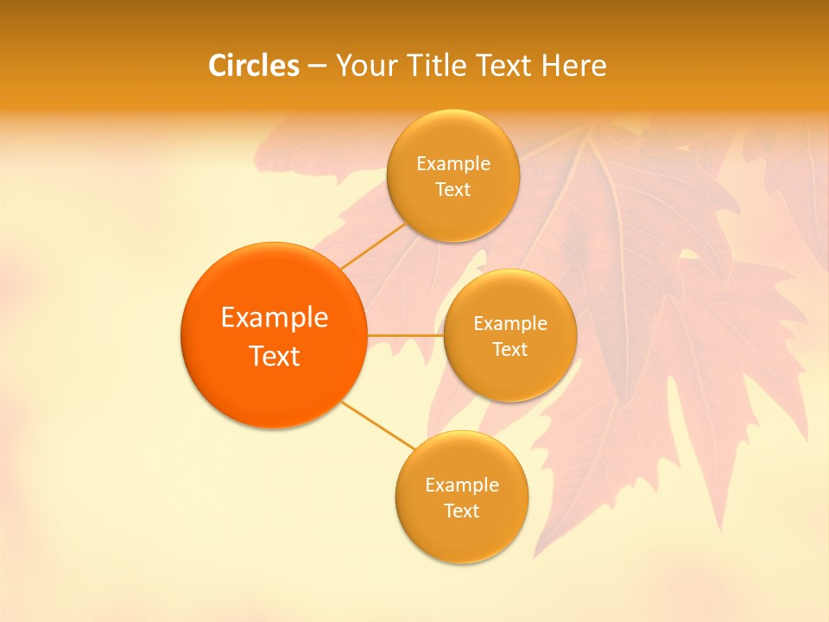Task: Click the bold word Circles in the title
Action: [x=253, y=66]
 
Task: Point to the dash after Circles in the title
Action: [x=316, y=67]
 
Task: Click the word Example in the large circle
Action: [x=275, y=318]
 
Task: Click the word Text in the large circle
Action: [x=275, y=356]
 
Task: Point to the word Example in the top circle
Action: [x=452, y=164]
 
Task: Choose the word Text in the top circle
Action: [x=452, y=190]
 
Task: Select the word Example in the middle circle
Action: [x=509, y=324]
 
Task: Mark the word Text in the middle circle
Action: [x=509, y=349]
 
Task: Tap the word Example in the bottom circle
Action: [x=461, y=485]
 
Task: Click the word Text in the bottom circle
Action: [x=461, y=511]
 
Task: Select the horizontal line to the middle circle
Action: [x=405, y=335]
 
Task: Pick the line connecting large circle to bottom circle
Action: [x=378, y=425]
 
